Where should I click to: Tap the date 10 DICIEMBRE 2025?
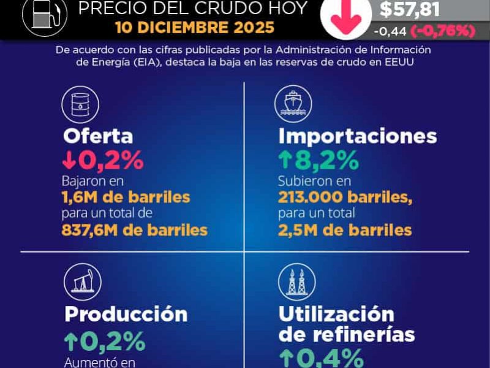pyautogui.click(x=195, y=28)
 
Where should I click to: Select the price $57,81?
pyautogui.click(x=410, y=9)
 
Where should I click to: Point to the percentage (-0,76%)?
pyautogui.click(x=445, y=31)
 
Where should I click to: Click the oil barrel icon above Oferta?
pyautogui.click(x=80, y=104)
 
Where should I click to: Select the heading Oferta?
pyautogui.click(x=98, y=136)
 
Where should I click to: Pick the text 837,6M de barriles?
pyautogui.click(x=135, y=230)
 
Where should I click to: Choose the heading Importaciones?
pyautogui.click(x=358, y=136)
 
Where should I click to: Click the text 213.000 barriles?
pyautogui.click(x=345, y=197)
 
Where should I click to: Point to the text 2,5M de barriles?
pyautogui.click(x=345, y=230)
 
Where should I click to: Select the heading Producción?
pyautogui.click(x=126, y=314)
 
